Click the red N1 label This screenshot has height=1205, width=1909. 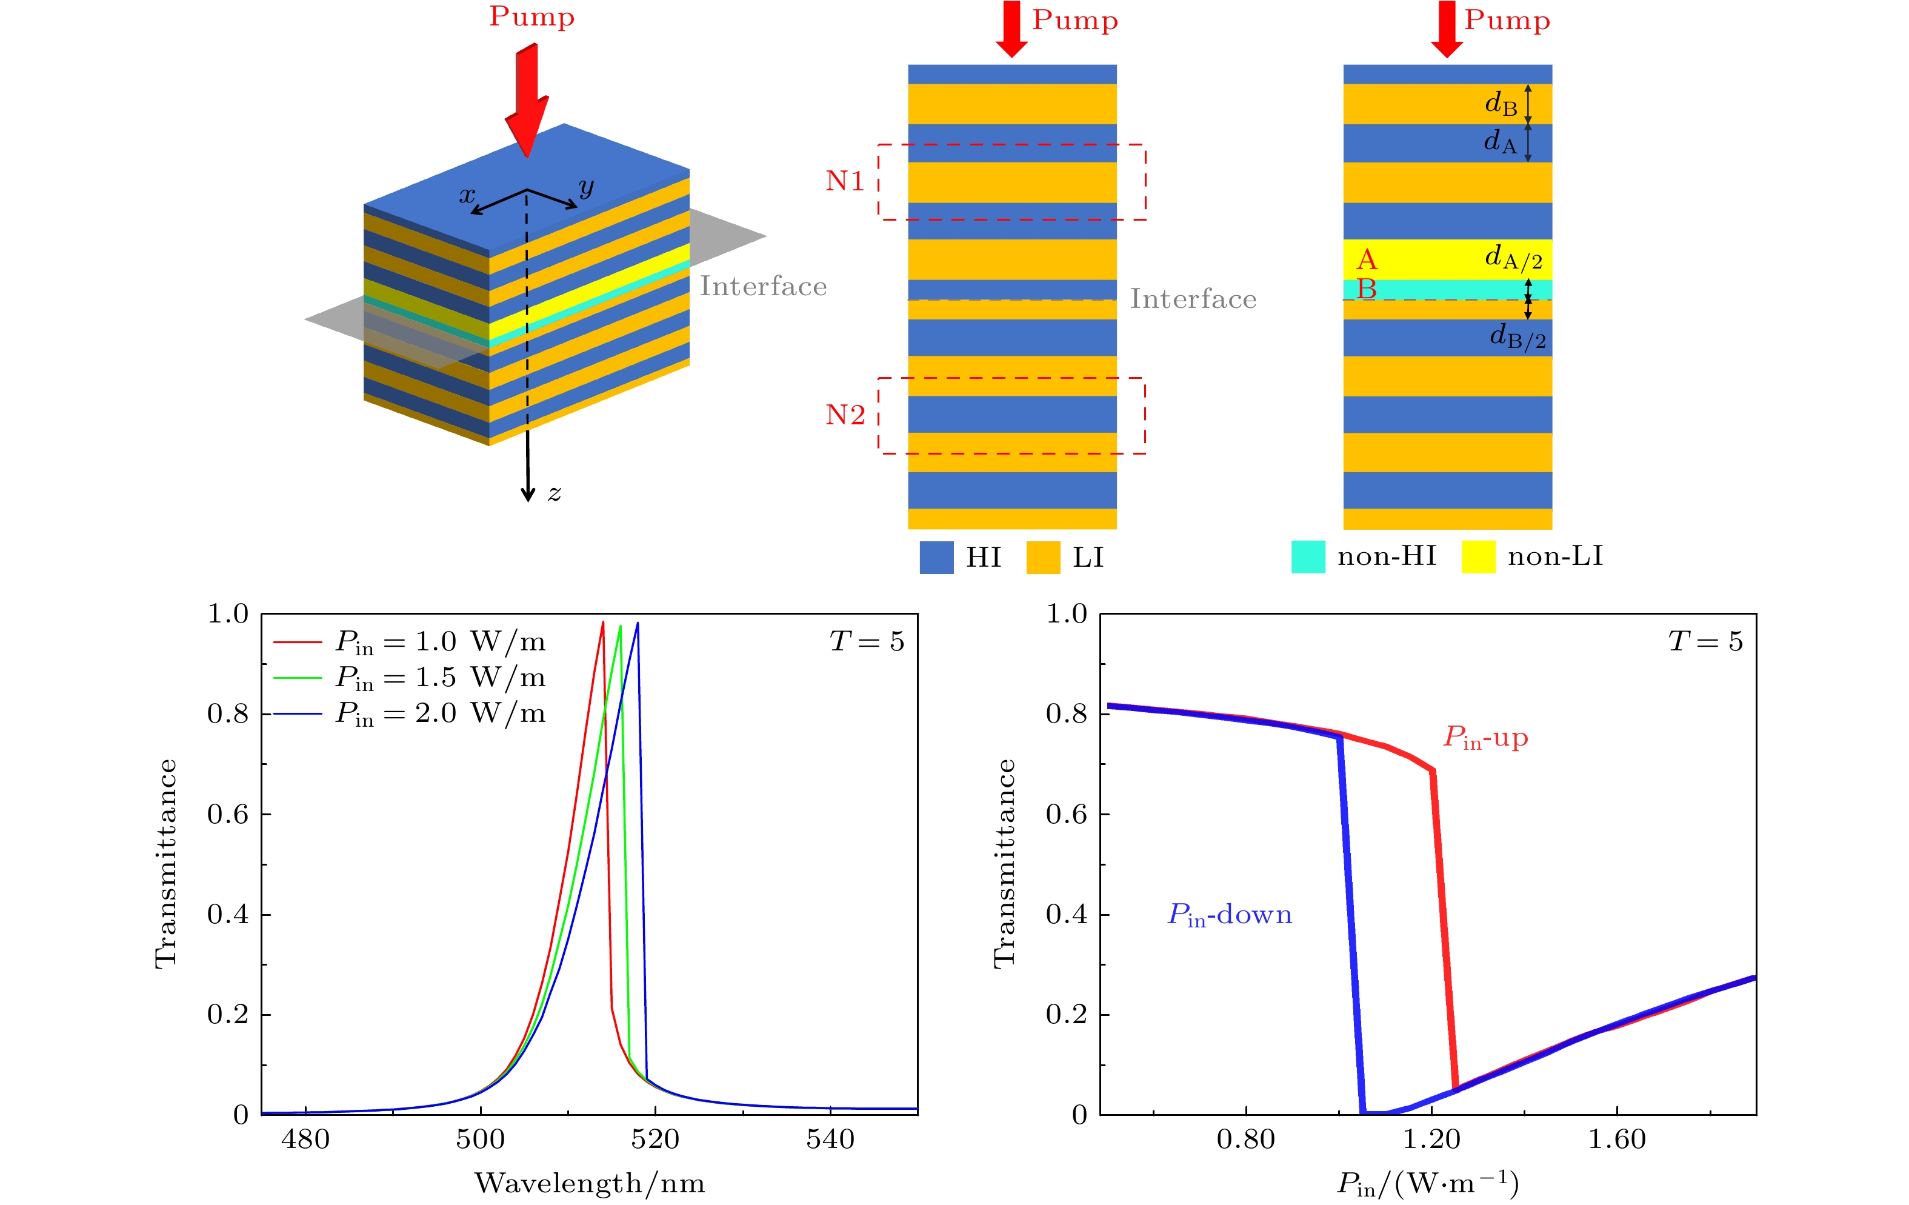(x=844, y=182)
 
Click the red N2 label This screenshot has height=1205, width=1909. (x=844, y=415)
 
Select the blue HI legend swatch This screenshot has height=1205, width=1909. (x=936, y=557)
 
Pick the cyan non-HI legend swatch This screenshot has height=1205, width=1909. (x=1308, y=556)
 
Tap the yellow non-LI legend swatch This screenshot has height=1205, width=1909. (x=1478, y=556)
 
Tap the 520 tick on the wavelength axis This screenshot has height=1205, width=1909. (x=655, y=1139)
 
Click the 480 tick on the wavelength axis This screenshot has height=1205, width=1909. (x=305, y=1139)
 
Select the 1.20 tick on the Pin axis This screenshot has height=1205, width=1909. (x=1431, y=1139)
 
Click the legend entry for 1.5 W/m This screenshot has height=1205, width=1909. (x=440, y=678)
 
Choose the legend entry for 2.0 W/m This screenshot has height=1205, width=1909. (x=440, y=713)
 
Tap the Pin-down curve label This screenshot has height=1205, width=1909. (x=1230, y=915)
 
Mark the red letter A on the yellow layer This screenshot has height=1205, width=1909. (x=1367, y=259)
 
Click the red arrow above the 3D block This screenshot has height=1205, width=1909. (x=527, y=99)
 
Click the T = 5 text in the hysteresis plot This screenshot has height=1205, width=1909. (x=1705, y=641)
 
